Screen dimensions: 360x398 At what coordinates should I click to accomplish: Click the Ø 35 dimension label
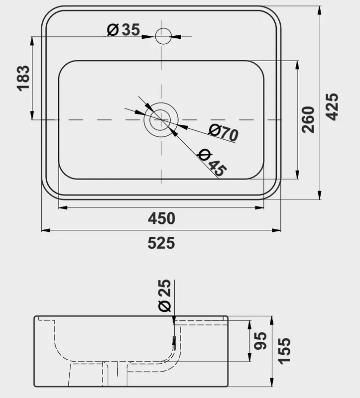coord(123,30)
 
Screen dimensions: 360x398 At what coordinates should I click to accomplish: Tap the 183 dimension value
coord(23,78)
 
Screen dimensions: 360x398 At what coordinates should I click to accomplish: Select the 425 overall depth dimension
coord(332,106)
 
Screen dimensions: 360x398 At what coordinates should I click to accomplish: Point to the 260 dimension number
coord(308,119)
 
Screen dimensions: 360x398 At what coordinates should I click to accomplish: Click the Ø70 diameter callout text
coord(224,133)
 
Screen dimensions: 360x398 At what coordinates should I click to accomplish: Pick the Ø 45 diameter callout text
coord(212,163)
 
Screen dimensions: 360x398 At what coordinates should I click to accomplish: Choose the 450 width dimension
coord(162,218)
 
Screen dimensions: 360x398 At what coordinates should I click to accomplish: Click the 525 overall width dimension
coord(161,243)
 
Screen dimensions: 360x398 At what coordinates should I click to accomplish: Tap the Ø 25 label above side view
coord(165,296)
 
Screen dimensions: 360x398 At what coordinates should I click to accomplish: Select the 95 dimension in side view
coord(260,341)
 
